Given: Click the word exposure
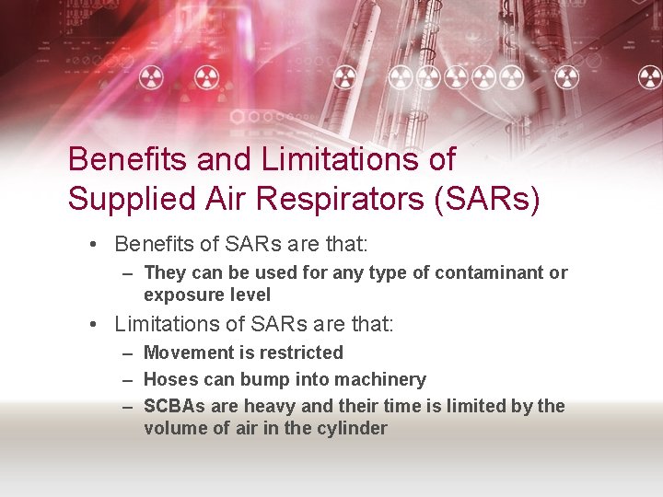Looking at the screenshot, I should click(180, 295).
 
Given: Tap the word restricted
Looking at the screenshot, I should click(301, 353).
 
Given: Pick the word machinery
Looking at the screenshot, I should click(380, 379).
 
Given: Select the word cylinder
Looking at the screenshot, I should click(354, 428).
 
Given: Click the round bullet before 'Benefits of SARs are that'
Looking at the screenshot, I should click(95, 245).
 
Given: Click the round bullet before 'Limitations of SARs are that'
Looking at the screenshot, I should click(95, 325).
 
